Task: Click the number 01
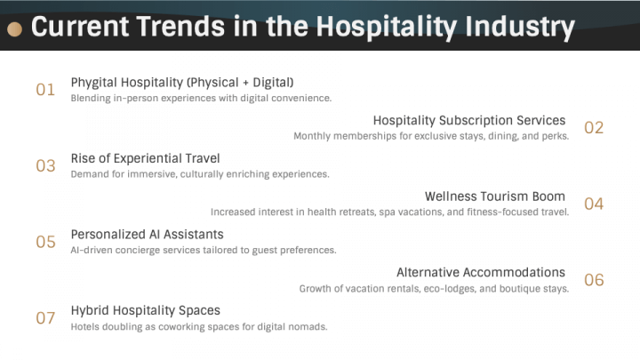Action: pos(45,89)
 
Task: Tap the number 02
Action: pos(594,127)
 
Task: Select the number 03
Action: pos(45,165)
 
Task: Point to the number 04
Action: pos(594,204)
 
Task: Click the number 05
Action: pos(45,242)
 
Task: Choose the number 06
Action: pos(594,280)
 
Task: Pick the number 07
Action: pos(45,318)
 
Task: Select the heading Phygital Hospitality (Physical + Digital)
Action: pos(182,83)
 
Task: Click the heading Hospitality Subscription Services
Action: pos(469,120)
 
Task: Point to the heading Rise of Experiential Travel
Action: pos(145,158)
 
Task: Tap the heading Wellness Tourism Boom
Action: pos(495,196)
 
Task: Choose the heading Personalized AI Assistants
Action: pos(147,235)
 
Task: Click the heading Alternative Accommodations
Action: pos(481,272)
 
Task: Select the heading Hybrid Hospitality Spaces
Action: pos(145,310)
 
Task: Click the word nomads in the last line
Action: pos(308,326)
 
